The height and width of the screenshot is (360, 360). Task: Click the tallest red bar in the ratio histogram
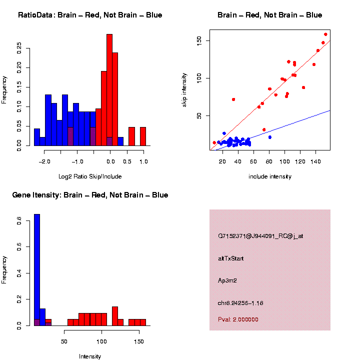coord(109,90)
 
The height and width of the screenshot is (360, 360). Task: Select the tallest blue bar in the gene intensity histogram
coord(37,270)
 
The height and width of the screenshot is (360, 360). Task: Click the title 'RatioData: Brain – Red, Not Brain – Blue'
coord(90,15)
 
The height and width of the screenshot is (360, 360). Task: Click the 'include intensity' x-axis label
coord(270,176)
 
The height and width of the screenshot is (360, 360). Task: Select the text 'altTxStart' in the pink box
coord(231,258)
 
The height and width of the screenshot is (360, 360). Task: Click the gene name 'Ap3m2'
coord(227,280)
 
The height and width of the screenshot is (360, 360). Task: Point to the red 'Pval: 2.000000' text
coord(238,319)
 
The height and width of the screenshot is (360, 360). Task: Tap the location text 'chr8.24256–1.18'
coord(240,303)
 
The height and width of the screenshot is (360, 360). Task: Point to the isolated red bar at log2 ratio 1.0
coord(143,136)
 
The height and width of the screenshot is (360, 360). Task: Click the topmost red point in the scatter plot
coord(325,34)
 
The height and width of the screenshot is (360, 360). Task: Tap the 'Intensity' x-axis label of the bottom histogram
coord(90,356)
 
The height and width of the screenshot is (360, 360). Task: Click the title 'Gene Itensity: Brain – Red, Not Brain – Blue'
coord(90,195)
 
